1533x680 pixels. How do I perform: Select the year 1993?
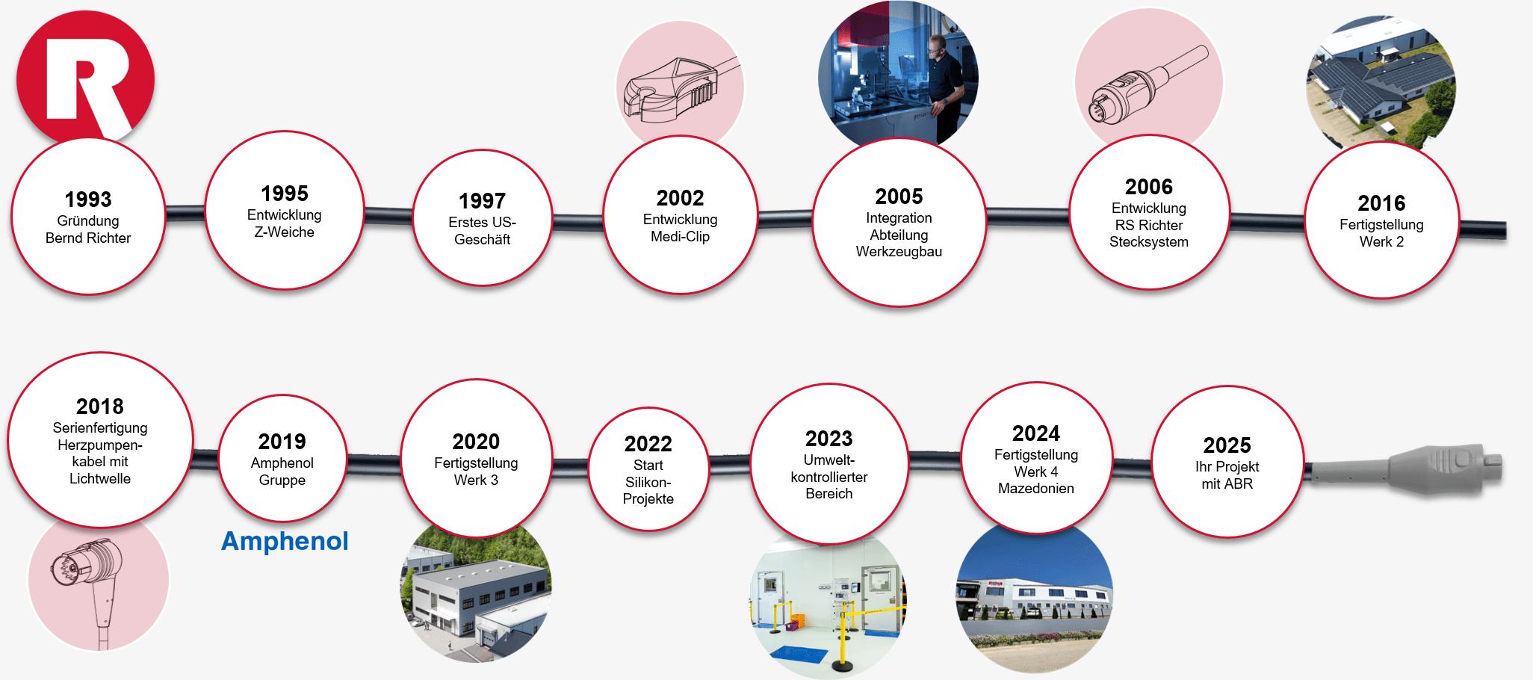pos(88,200)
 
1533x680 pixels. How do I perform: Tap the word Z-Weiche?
pos(284,232)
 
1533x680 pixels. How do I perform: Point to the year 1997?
pos(482,201)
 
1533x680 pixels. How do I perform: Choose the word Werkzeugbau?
pos(899,252)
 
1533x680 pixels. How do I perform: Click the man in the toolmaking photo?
pos(943,75)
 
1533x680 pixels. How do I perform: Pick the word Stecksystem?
pos(1148,242)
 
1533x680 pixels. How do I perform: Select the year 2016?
pos(1381,203)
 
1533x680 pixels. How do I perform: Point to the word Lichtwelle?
pos(100,479)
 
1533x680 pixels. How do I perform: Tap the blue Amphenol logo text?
pos(285,541)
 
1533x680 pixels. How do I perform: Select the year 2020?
pos(476,442)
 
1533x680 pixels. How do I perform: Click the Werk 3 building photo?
pos(476,594)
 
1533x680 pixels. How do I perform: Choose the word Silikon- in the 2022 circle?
pos(648,483)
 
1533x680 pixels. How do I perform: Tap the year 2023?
pos(829,439)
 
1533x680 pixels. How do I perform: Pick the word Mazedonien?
pos(1035,489)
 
